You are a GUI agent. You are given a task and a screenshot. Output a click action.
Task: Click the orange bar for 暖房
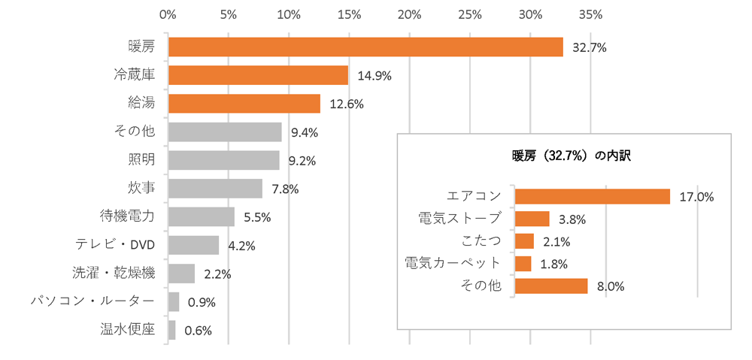pos(365,47)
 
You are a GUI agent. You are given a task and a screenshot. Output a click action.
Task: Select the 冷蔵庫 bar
pos(258,75)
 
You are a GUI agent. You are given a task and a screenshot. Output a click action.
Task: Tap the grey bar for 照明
pos(223,160)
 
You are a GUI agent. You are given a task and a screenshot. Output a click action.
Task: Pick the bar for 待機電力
pos(202,217)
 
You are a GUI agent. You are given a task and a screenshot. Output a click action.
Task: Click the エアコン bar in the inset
pos(592,196)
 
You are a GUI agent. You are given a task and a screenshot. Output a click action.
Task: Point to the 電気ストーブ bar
pos(532,219)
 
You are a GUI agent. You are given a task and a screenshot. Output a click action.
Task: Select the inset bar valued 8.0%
pos(550,286)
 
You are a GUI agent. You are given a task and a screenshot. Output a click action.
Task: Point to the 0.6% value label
pos(198,330)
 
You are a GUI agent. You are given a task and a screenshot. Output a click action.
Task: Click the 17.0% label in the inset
pos(696,197)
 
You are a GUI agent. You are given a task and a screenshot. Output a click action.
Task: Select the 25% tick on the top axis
pos(470,14)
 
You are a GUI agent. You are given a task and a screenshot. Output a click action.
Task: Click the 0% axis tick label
pos(168,14)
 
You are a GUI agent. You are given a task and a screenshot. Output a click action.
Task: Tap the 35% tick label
pos(590,14)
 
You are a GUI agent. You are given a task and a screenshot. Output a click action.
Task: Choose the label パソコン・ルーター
pos(92,301)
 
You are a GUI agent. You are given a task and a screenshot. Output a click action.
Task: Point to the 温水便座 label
pos(127,329)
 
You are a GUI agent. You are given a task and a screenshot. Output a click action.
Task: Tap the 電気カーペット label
pos(453,263)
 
